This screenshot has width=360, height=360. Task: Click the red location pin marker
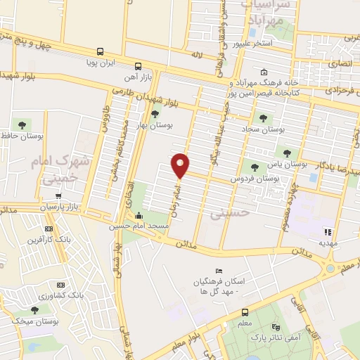click(x=181, y=165)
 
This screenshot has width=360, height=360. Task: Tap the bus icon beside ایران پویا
click(x=101, y=51)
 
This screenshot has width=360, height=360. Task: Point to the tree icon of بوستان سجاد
click(x=263, y=118)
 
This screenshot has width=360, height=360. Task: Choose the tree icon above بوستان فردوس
click(x=254, y=167)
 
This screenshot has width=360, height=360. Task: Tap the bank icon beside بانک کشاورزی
click(x=60, y=285)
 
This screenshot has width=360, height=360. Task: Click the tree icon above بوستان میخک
click(x=34, y=309)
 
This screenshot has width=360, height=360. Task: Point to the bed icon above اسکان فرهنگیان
click(x=218, y=271)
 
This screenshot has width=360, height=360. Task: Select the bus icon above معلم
click(x=245, y=312)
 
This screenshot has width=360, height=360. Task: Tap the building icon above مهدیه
click(x=326, y=231)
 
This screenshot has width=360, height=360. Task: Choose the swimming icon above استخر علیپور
click(x=251, y=31)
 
